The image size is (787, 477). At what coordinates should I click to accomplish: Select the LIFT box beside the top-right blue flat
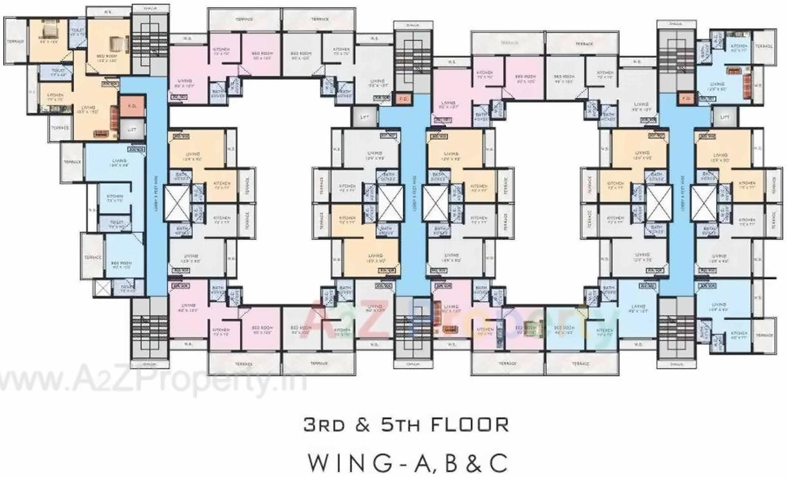coord(725,117)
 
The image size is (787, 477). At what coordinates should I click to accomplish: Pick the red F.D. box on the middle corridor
coord(403,99)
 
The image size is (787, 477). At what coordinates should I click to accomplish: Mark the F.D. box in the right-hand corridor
coord(684,98)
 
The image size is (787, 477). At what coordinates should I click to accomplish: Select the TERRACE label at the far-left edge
coord(15,41)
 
